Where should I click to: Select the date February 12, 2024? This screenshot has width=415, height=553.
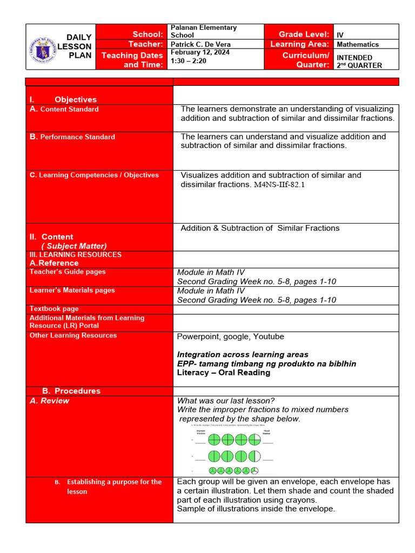[198, 52]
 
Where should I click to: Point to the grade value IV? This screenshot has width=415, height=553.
[340, 35]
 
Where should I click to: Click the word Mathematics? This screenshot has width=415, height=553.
[358, 44]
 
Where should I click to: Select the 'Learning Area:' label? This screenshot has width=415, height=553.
[299, 44]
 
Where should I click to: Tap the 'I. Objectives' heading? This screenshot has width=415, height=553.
[63, 99]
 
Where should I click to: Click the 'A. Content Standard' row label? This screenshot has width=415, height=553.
[64, 109]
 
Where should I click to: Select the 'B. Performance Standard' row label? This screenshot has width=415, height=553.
[72, 137]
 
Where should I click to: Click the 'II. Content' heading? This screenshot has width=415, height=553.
[51, 237]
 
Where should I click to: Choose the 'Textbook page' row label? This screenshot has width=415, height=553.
[54, 309]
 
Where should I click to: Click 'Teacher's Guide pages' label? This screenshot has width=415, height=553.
[68, 272]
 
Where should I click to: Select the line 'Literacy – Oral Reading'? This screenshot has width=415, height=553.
[224, 373]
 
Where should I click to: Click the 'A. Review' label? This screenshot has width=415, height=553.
[49, 401]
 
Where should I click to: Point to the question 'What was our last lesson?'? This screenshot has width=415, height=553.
[226, 401]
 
